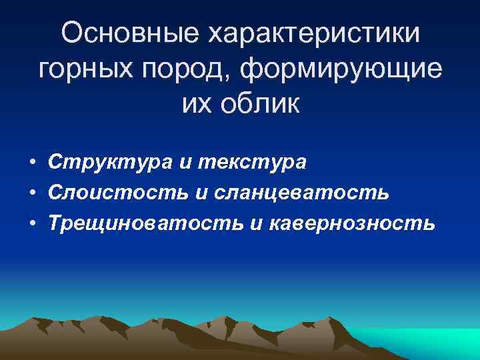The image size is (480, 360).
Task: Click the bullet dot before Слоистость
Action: (x=32, y=193)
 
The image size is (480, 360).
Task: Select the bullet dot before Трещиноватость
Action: (x=32, y=223)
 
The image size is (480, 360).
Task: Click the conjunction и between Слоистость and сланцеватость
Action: (x=201, y=193)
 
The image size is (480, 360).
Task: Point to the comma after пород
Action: (x=229, y=77)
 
